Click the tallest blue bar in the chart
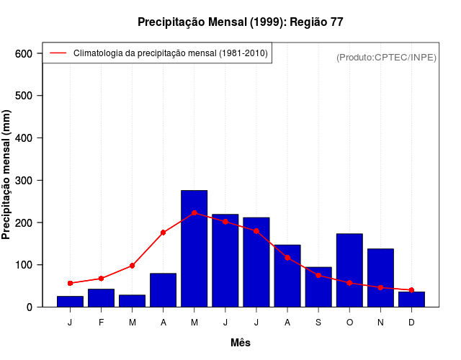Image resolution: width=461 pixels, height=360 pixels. click(x=194, y=248)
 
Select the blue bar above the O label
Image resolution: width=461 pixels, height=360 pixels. click(x=349, y=270)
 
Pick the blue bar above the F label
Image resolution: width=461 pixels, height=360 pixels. click(x=101, y=298)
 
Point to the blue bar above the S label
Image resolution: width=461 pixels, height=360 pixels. click(x=318, y=287)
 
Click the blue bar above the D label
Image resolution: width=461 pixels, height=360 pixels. click(x=411, y=300)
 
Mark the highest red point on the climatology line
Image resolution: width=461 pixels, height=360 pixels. click(x=194, y=213)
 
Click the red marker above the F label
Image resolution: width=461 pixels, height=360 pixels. click(x=101, y=278)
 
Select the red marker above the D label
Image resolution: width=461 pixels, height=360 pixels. click(x=411, y=290)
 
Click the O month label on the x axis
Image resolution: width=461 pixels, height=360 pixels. click(x=349, y=323)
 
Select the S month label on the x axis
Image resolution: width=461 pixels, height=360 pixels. click(x=318, y=323)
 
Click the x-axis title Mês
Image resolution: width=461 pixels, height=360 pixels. click(x=241, y=343)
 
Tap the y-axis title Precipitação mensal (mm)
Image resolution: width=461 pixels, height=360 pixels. click(x=7, y=175)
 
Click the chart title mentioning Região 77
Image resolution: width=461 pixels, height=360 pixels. click(x=240, y=22)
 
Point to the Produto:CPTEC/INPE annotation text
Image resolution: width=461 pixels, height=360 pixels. click(x=386, y=57)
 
